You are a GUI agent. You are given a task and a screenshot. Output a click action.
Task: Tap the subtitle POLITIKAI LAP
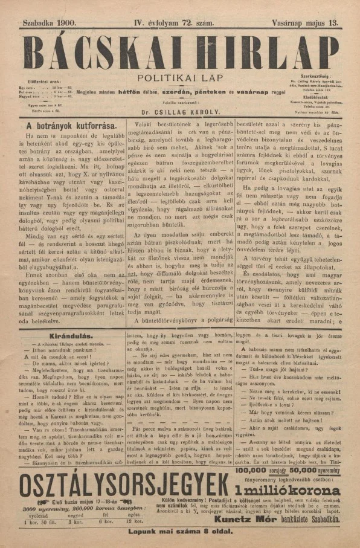click(179, 78)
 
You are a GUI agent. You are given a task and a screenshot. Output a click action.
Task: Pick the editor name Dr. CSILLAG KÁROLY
click(179, 112)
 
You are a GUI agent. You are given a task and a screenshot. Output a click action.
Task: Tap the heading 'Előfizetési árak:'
click(43, 80)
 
